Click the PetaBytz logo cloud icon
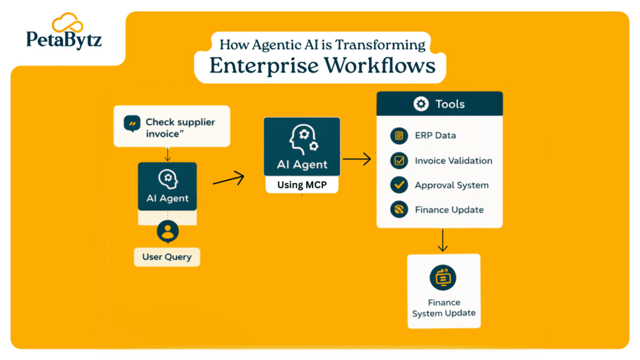67,24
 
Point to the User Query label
166,257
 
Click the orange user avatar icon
167,231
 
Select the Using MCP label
301,185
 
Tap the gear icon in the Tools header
421,104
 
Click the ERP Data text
435,136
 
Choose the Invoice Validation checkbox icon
398,161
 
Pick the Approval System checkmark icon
398,185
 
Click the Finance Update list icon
398,209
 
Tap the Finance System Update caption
443,308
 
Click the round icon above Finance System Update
443,277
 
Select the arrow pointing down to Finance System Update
442,240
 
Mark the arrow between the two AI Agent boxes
228,180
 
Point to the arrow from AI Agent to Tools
357,160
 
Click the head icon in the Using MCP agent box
302,140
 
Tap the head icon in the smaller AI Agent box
167,179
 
